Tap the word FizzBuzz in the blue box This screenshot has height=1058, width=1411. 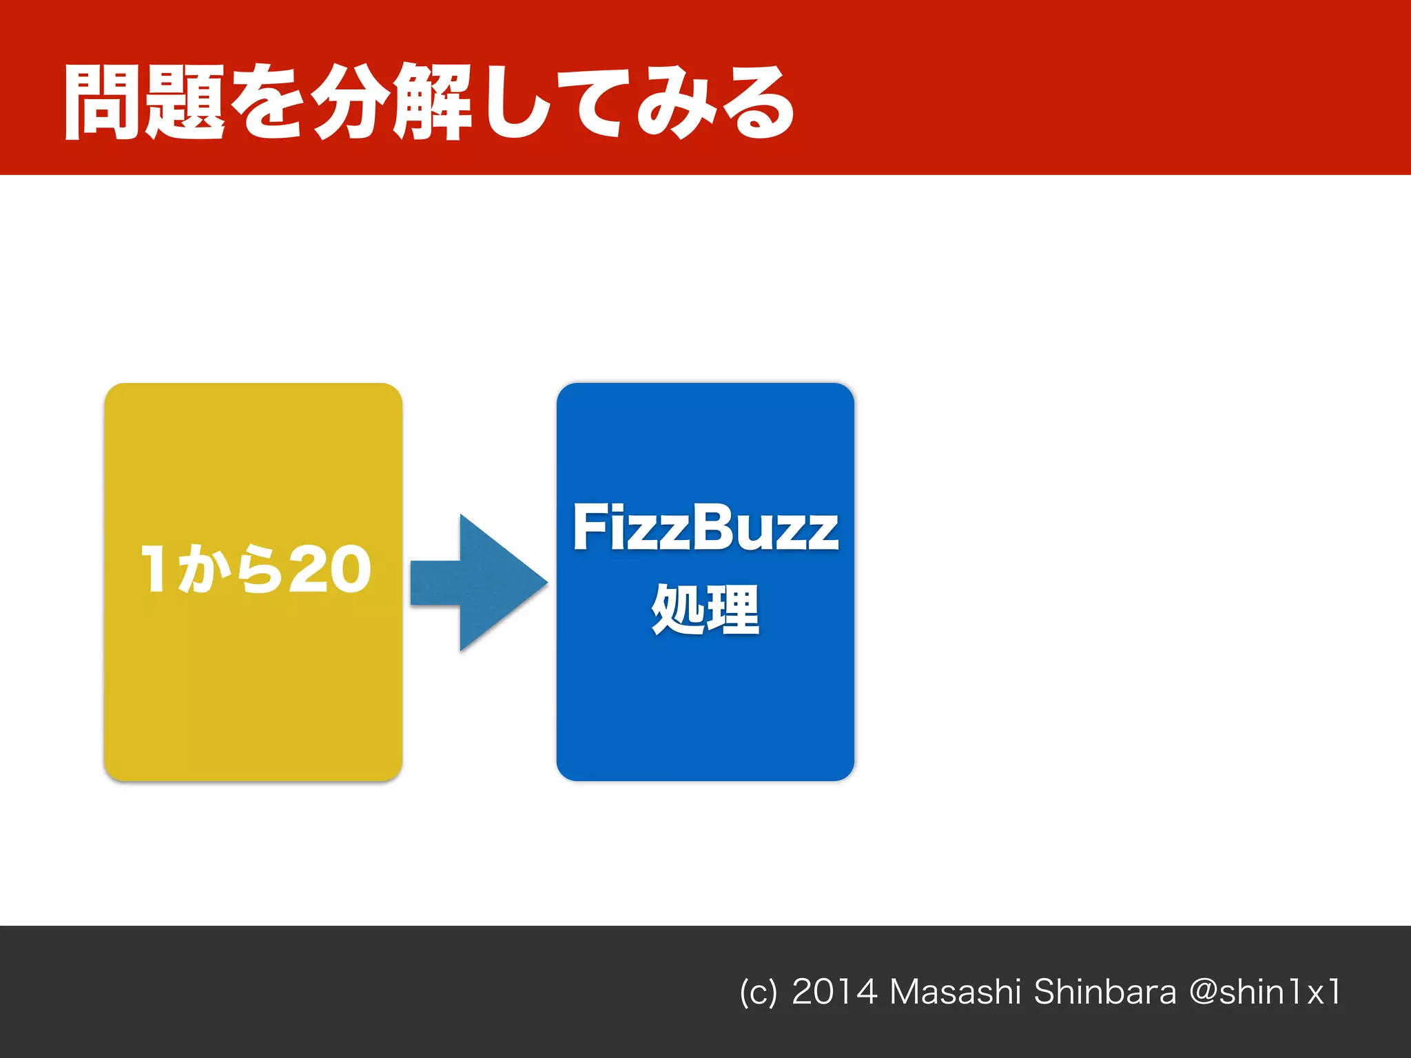coord(705,528)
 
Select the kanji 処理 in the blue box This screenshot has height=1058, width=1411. coord(705,609)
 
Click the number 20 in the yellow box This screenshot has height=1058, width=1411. coord(330,569)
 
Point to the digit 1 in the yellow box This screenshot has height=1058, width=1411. coord(154,569)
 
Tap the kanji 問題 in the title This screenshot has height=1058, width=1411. coord(144,103)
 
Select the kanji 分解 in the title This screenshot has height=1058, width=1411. coord(391,103)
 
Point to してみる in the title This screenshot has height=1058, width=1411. coord(637,103)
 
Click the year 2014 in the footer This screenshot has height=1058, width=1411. coord(834,992)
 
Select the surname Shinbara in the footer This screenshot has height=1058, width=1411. coord(1105,992)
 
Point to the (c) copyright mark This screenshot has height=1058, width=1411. coord(758,993)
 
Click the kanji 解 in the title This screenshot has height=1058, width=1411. coord(432,103)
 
